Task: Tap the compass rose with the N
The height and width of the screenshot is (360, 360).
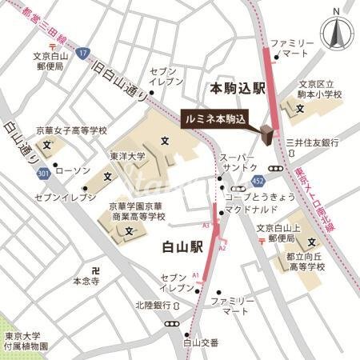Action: click(x=337, y=32)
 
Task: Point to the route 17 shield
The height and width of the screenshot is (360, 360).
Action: click(x=82, y=54)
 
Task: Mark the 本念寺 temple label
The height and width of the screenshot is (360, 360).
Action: click(x=86, y=281)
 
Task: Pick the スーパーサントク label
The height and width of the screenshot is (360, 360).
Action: click(x=240, y=163)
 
